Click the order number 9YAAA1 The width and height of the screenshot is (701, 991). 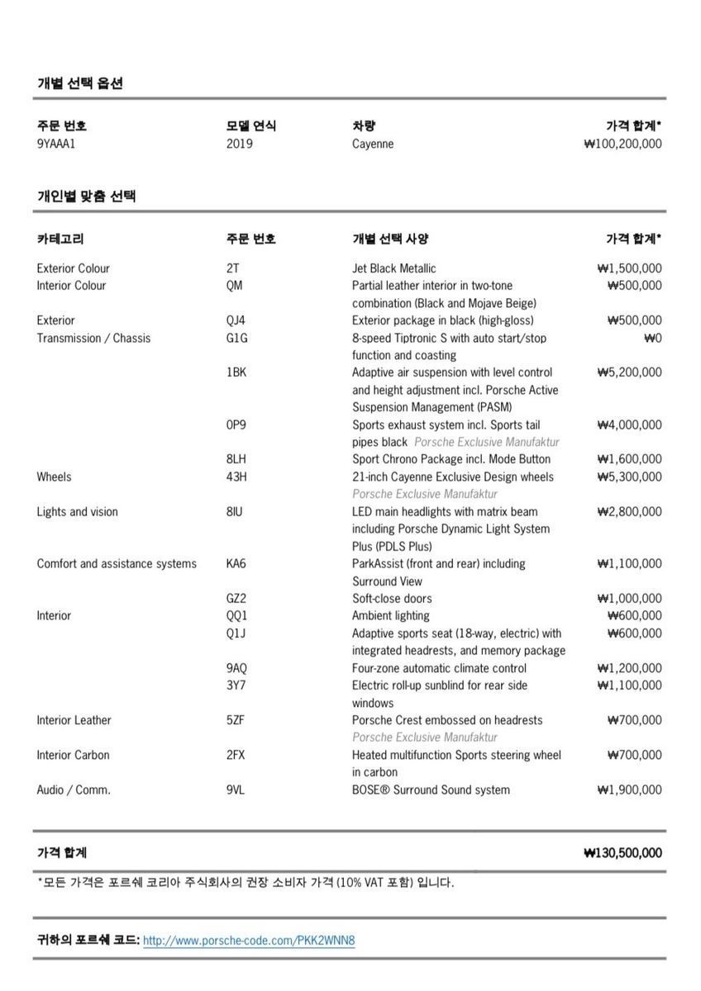(x=56, y=144)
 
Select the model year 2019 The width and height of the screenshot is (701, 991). (x=239, y=144)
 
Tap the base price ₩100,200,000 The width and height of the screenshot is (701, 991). (x=622, y=144)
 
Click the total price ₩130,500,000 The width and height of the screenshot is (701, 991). (x=622, y=853)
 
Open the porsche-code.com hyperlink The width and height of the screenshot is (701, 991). (x=249, y=941)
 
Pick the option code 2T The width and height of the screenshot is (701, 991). (x=232, y=268)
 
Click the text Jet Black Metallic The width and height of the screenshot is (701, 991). (x=393, y=268)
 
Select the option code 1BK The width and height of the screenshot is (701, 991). (x=236, y=372)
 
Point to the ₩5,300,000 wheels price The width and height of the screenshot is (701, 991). (x=628, y=477)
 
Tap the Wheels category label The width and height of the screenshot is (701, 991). (x=54, y=477)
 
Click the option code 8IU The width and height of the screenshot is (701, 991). (x=235, y=512)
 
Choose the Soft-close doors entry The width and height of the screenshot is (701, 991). (x=392, y=599)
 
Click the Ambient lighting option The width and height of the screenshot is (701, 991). (x=390, y=616)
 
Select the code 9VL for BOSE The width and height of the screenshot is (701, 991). (x=236, y=790)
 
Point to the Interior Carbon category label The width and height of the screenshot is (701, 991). (x=73, y=755)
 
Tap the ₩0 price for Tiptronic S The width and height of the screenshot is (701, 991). (x=652, y=338)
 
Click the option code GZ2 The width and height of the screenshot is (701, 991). (x=236, y=599)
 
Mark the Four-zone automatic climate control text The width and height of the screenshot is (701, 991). (x=439, y=668)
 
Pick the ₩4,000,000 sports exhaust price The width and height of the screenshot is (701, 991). (x=628, y=425)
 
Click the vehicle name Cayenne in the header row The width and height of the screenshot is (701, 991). (x=373, y=144)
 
